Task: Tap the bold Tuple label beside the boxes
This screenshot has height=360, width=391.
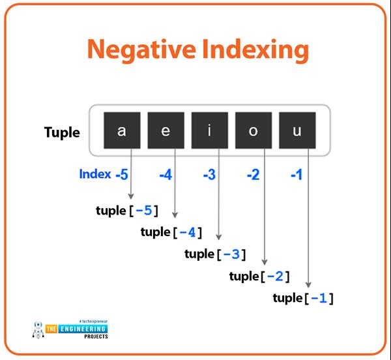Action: (62, 132)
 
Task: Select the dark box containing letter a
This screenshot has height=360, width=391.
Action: (121, 130)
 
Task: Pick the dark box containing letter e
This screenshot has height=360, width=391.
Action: (166, 130)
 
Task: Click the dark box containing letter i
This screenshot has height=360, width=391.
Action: (209, 130)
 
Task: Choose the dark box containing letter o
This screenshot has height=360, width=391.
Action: (253, 130)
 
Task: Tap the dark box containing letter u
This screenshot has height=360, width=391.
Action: (297, 130)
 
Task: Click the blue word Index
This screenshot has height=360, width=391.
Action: (94, 174)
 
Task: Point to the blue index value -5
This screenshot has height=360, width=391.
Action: (121, 174)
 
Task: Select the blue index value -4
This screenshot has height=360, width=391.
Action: (166, 174)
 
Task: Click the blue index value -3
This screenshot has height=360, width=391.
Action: (209, 174)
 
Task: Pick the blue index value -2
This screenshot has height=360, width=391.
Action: (253, 174)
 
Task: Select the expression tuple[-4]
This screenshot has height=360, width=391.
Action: (171, 232)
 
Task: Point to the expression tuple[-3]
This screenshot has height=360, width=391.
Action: (215, 254)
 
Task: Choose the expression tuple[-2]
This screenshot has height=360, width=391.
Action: (259, 276)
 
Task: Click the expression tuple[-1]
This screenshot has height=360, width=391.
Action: (303, 298)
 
